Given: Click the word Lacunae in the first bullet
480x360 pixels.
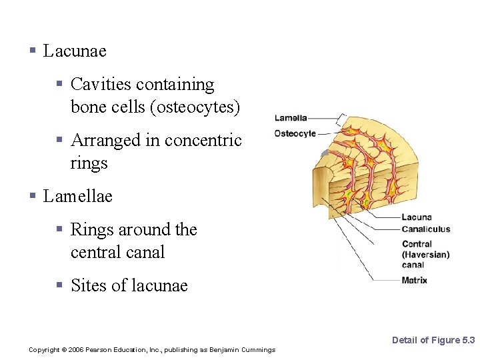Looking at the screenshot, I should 75,51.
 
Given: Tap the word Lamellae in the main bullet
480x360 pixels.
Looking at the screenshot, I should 78,196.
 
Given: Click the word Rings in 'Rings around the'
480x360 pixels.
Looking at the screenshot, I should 92,230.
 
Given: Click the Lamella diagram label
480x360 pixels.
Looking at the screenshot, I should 291,118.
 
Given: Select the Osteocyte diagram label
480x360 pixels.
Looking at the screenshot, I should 295,133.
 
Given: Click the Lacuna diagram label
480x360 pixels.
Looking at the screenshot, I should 417,217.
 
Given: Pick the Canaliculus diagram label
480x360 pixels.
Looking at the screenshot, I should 426,229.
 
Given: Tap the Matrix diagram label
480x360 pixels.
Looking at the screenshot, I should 415,281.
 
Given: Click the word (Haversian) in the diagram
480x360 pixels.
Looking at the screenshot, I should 425,255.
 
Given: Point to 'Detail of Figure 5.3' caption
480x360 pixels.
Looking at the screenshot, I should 433,341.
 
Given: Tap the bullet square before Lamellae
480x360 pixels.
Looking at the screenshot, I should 33,196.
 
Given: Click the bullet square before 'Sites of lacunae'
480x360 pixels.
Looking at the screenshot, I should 59,285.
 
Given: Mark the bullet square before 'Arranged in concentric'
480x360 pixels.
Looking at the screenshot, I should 59,140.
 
